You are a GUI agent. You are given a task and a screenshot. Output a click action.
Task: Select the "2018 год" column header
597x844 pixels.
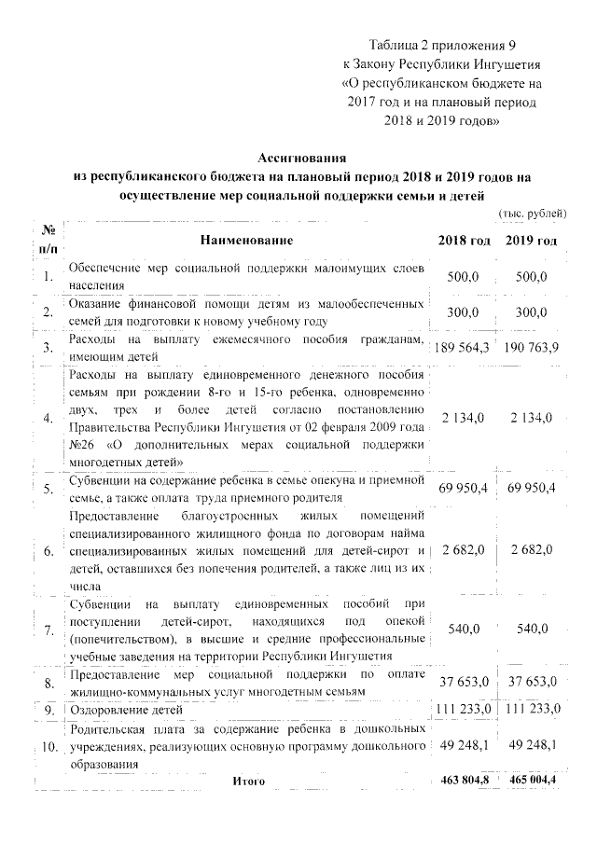pos(464,242)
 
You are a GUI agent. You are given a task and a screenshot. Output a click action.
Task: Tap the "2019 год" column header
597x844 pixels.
pos(533,242)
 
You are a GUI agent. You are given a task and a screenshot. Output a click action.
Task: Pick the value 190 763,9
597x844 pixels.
pos(533,348)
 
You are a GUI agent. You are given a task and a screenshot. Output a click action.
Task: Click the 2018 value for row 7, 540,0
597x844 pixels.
pos(464,630)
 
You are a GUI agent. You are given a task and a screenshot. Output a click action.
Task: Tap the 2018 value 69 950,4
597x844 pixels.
pos(464,488)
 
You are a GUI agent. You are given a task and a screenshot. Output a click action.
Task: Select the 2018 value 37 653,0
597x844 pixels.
pos(464,683)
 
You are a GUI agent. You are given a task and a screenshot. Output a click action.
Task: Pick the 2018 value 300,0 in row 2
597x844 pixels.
pos(464,312)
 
